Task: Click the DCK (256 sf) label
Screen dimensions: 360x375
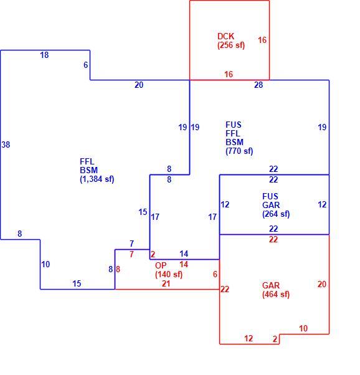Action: pyautogui.click(x=231, y=40)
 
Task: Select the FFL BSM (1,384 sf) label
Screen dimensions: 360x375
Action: pyautogui.click(x=97, y=170)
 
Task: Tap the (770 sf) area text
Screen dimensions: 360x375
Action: pyautogui.click(x=239, y=151)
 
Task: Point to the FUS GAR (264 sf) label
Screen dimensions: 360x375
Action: pyautogui.click(x=276, y=205)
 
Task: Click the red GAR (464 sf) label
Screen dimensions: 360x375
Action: pyautogui.click(x=276, y=290)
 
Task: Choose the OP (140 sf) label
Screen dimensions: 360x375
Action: pyautogui.click(x=169, y=270)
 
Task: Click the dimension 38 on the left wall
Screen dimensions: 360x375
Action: pyautogui.click(x=6, y=145)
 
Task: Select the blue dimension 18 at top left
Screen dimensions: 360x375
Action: pyautogui.click(x=44, y=55)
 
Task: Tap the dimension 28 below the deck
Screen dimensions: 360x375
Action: pyautogui.click(x=258, y=85)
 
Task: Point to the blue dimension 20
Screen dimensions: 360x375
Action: pyautogui.click(x=139, y=85)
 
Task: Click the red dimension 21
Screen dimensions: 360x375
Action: pyautogui.click(x=166, y=283)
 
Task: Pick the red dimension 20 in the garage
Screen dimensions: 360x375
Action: pyautogui.click(x=322, y=284)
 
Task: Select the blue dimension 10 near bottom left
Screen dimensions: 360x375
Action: pyautogui.click(x=45, y=264)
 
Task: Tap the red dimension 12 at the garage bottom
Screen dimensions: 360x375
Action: pyautogui.click(x=249, y=338)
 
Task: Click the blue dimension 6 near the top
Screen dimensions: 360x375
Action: pyautogui.click(x=85, y=65)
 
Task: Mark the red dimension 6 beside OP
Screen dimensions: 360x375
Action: pyautogui.click(x=215, y=274)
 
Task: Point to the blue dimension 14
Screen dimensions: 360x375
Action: pyautogui.click(x=184, y=254)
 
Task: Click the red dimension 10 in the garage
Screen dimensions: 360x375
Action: pyautogui.click(x=303, y=328)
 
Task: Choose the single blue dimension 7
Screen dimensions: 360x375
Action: pyautogui.click(x=131, y=244)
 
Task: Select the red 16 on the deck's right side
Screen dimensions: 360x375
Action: pyautogui.click(x=262, y=40)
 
